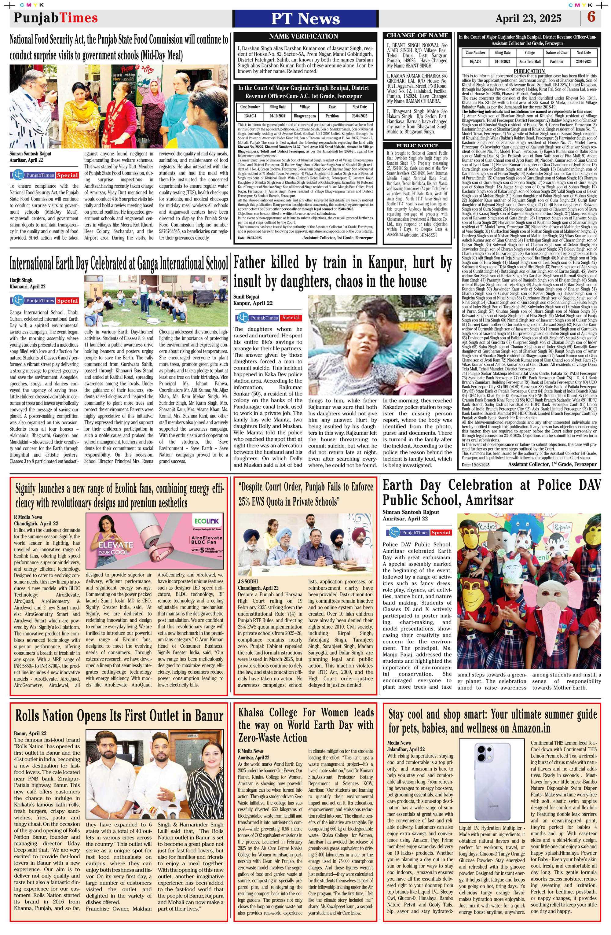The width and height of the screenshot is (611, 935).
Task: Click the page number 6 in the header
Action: tap(591, 17)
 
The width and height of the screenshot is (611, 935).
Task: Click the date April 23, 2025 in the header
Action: tap(528, 18)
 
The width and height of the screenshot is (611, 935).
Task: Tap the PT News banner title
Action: tap(305, 18)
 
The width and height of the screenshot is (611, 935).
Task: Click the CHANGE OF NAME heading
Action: tap(417, 35)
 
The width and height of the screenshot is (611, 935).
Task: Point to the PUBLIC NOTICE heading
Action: tap(417, 146)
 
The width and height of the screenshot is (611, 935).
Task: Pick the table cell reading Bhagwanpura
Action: tap(305, 116)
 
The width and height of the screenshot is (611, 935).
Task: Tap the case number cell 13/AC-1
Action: tap(250, 116)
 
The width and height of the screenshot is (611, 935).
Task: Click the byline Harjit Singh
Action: tap(21, 280)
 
